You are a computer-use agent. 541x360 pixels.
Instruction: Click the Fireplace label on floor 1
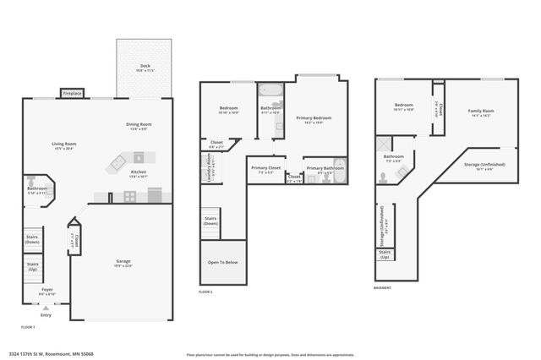73,94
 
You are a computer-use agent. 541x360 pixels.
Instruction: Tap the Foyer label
47,289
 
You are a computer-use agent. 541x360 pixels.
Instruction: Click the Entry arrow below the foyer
46,308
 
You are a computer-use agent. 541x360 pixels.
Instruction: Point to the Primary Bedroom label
314,117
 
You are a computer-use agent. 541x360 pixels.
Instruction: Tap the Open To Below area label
223,262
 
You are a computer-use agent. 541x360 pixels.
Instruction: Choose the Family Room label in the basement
481,111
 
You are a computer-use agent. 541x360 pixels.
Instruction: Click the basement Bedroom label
403,107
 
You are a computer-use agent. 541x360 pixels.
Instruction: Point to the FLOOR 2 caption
205,291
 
